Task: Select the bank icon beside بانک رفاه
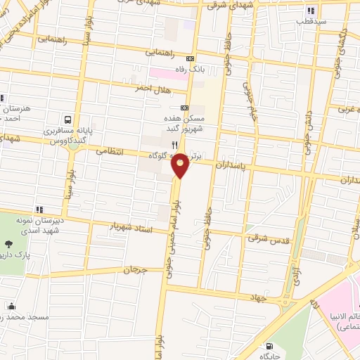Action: [190, 59]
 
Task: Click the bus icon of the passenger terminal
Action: [68, 120]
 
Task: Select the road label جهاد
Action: [257, 297]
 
